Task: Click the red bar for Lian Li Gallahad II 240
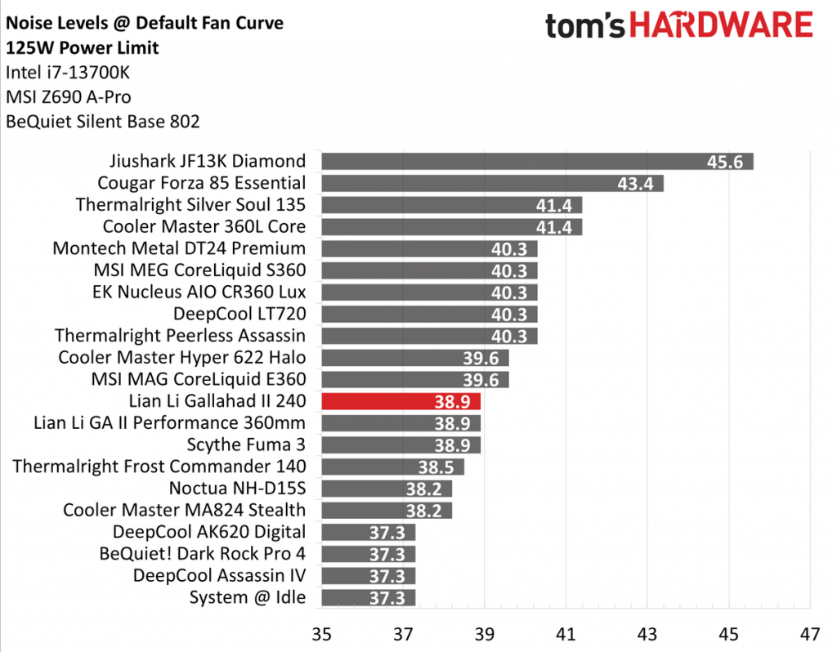(x=401, y=401)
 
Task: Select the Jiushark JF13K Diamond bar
(x=537, y=161)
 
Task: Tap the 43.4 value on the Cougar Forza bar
(x=635, y=183)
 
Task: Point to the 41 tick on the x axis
(x=566, y=634)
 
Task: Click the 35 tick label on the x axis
(x=321, y=634)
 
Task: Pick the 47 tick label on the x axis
(x=809, y=634)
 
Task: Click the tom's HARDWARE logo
(x=678, y=26)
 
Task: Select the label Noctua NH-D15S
(x=237, y=489)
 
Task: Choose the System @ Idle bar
(x=368, y=597)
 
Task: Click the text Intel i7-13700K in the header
(x=67, y=73)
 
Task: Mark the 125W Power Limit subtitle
(x=83, y=47)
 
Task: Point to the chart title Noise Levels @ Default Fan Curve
(x=145, y=24)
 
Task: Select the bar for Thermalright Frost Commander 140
(x=392, y=467)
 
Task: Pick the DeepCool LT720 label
(x=239, y=314)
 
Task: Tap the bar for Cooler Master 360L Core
(x=451, y=226)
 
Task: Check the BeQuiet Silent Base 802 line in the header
(x=102, y=123)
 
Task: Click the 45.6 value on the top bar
(x=725, y=162)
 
